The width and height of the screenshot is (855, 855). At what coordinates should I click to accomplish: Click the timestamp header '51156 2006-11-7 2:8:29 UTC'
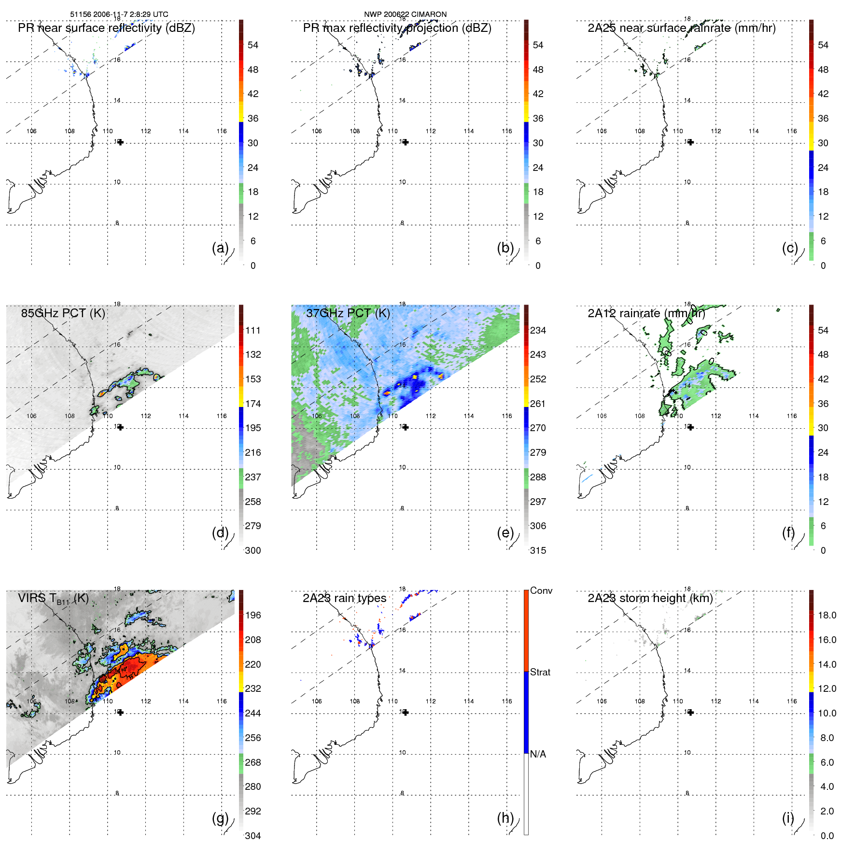click(x=119, y=14)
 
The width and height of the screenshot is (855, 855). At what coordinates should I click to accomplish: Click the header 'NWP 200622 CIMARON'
click(x=405, y=14)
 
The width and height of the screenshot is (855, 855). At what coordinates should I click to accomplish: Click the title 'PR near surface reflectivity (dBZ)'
click(x=106, y=28)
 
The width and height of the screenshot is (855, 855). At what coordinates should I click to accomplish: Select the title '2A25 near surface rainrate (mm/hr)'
click(x=681, y=28)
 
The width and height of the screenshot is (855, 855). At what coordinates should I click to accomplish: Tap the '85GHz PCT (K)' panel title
click(x=63, y=313)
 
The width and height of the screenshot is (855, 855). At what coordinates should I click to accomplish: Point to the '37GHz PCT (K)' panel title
click(x=348, y=313)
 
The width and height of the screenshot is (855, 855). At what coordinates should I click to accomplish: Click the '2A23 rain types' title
click(x=344, y=599)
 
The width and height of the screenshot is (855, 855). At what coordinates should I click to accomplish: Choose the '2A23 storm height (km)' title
click(x=650, y=599)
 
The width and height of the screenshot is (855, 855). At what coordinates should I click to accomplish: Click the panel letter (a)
click(x=220, y=248)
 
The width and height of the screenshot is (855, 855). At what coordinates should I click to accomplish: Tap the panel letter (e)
click(x=505, y=533)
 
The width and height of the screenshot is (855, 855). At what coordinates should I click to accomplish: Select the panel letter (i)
click(x=788, y=818)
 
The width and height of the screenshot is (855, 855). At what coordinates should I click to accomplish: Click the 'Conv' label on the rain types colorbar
click(x=541, y=590)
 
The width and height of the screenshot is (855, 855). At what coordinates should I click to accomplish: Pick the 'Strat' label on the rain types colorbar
click(x=540, y=672)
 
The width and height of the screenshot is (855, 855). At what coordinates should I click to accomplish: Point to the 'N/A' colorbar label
click(x=538, y=754)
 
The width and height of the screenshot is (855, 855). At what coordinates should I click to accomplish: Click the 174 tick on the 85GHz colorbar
click(x=253, y=404)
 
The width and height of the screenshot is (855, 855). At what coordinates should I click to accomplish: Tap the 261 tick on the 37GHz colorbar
click(x=538, y=404)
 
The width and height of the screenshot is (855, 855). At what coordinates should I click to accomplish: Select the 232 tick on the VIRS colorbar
click(x=253, y=688)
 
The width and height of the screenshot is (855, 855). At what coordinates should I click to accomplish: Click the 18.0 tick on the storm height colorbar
click(x=827, y=615)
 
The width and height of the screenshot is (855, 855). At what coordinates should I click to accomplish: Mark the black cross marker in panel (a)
click(x=120, y=142)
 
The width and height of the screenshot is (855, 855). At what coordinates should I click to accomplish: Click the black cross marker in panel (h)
click(x=406, y=713)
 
